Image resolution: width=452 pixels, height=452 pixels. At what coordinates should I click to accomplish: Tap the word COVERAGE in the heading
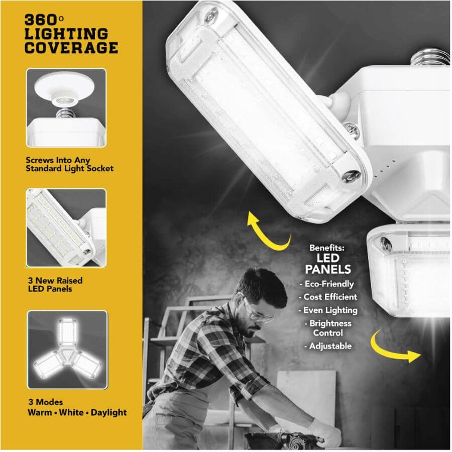click(x=71, y=48)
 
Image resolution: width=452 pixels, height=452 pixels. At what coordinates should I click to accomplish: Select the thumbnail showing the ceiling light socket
click(x=66, y=107)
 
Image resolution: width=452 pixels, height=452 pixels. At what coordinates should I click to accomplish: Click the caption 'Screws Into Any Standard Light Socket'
click(x=69, y=164)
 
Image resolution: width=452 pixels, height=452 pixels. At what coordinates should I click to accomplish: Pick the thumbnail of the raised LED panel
click(x=66, y=228)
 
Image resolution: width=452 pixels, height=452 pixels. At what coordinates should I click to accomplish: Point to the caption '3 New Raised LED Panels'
click(x=54, y=284)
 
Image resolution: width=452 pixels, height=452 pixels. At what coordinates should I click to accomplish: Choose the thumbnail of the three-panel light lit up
click(x=67, y=350)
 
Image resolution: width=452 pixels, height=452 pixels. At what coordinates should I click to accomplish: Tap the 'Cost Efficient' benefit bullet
click(x=328, y=297)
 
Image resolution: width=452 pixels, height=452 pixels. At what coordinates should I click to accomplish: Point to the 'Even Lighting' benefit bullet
click(x=328, y=310)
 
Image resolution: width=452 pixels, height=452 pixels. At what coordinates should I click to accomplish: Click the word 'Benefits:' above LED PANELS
click(x=327, y=248)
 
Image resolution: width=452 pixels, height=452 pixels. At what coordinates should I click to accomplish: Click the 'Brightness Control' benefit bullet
click(x=328, y=328)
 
